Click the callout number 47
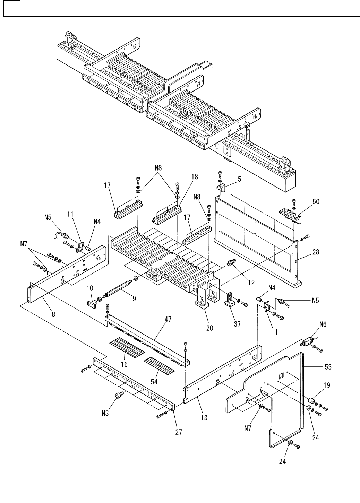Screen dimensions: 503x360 tap(168, 319)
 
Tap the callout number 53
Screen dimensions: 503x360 tap(327, 367)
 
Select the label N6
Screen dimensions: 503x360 tap(322, 325)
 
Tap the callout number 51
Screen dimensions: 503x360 tap(241, 179)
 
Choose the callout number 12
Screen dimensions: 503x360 tap(251, 283)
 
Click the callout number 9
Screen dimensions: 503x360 tap(134, 298)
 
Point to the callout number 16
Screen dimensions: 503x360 tap(124, 364)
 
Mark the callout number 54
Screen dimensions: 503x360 tap(154, 381)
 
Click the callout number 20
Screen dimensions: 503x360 tap(209, 328)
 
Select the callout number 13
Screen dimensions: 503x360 tap(204, 418)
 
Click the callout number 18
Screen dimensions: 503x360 tap(194, 176)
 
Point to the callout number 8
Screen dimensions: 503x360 tap(53, 315)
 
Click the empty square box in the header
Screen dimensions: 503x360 tap(12, 8)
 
